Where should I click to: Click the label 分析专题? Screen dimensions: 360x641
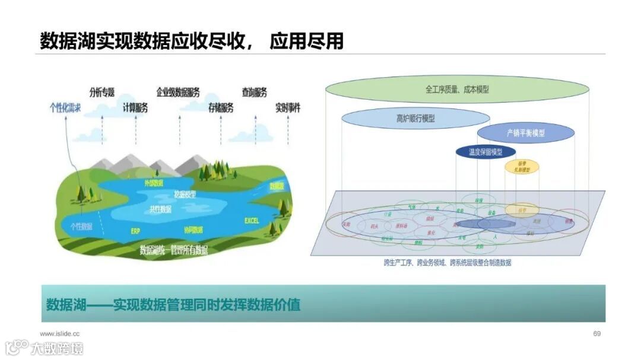click(101, 92)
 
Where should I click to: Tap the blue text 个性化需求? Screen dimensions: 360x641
click(65, 108)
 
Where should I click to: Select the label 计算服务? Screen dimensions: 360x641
click(135, 107)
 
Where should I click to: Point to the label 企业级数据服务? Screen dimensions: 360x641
click(178, 92)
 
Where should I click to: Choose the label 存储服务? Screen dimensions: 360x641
click(221, 107)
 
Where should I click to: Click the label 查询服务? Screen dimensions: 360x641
click(254, 92)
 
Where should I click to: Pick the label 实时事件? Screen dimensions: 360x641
click(288, 108)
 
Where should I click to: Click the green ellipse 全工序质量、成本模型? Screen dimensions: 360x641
click(456, 89)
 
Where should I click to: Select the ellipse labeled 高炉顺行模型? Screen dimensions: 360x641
click(415, 119)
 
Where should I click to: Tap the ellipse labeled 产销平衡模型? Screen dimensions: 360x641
click(525, 133)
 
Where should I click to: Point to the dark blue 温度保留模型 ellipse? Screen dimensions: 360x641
click(485, 152)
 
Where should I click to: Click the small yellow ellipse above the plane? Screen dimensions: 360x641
click(522, 166)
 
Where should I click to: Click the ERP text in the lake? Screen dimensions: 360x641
click(135, 231)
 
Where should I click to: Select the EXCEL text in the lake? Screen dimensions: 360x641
click(252, 221)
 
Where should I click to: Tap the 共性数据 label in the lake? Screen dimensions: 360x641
click(160, 209)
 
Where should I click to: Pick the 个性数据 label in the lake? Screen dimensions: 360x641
click(81, 226)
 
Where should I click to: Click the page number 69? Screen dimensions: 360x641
click(597, 333)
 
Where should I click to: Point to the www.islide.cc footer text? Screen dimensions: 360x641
click(60, 333)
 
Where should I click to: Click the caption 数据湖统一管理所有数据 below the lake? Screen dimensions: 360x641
click(173, 250)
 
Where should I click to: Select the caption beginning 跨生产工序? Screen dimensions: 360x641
click(447, 262)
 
